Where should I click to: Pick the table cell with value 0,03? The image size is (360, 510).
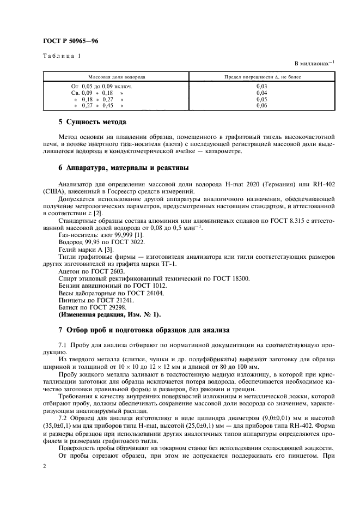coord(261,86)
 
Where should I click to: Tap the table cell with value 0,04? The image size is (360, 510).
coord(261,93)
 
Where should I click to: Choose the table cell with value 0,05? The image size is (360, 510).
coord(261,99)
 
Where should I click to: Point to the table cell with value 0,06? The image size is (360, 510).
coord(261,106)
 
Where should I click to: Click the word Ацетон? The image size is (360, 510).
coord(70,270)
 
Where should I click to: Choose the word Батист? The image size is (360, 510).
coord(69,308)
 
